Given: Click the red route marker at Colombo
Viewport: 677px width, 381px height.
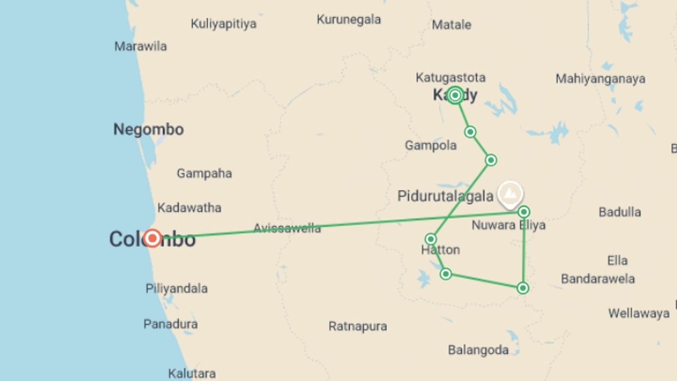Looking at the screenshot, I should point(152,238).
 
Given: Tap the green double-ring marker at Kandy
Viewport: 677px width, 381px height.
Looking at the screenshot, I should point(455,95).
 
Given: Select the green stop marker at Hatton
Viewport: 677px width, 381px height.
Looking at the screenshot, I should point(431,239).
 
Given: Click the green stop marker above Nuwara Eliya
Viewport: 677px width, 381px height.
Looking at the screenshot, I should point(524,212).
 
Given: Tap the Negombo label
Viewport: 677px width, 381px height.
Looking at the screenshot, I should point(148,129).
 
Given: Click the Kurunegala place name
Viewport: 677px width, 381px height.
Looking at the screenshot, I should point(349,19).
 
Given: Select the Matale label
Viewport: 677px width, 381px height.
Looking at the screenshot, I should point(451,25).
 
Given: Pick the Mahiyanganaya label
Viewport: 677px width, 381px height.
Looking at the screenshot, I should point(600,79).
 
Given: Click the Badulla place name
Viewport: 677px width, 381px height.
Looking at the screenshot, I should point(620,212).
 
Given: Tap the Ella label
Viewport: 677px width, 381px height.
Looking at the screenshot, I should point(617,260).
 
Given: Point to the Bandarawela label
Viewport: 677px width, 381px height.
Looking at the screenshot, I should point(598,279).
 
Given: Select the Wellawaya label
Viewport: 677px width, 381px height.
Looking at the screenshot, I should point(639,313).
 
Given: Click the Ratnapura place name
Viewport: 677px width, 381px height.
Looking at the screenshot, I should point(358,326).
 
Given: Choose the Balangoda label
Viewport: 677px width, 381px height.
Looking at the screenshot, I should point(478,350).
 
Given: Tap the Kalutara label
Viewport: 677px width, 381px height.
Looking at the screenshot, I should point(192,373).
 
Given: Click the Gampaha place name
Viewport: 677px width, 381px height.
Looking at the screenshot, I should point(204,173).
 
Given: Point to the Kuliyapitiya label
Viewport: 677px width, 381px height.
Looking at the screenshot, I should point(224,24).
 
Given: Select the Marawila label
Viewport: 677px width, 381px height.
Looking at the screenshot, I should point(140,46).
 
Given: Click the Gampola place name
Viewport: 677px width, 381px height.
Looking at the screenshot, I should point(431,145).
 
